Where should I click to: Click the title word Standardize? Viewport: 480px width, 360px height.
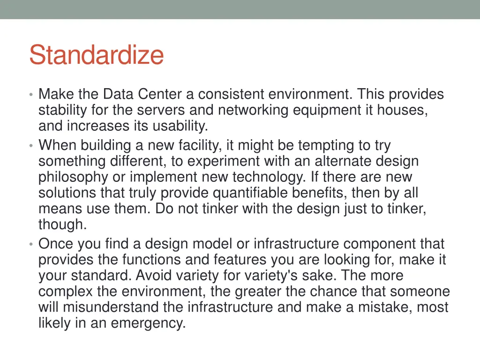[96, 55]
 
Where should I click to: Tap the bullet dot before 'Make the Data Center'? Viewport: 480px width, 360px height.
[30, 95]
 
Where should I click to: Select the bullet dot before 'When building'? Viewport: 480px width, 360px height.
[30, 146]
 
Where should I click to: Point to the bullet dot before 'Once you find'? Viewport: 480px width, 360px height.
[30, 245]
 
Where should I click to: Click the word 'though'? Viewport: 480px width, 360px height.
[62, 225]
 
